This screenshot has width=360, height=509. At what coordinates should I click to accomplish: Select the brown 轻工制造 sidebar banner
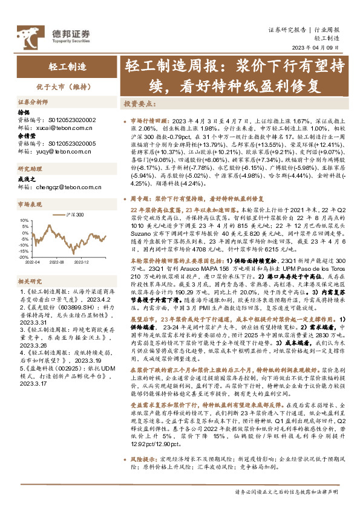(x=67, y=66)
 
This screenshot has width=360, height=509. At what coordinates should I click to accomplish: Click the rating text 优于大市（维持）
(x=67, y=86)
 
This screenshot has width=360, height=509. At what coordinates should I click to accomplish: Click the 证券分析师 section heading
(x=32, y=102)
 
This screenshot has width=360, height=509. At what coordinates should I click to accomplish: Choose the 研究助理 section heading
(x=28, y=169)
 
